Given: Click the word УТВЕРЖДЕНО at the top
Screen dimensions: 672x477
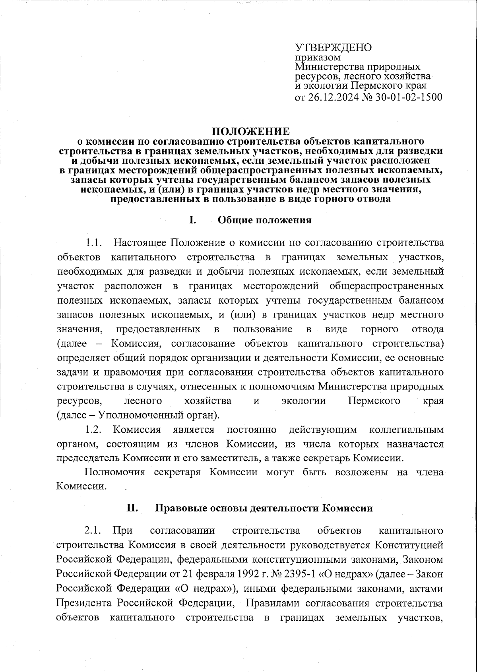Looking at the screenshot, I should pos(333,47).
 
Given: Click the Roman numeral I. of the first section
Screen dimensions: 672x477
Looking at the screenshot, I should pos(192,220).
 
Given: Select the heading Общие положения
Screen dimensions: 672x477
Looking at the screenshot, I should pos(265,220).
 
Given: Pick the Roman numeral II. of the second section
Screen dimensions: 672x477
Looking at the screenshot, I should pos(132,508).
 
